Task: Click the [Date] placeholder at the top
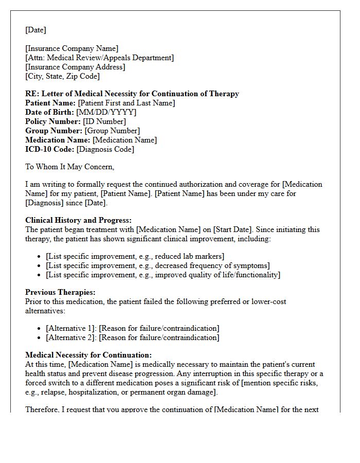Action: point(35,30)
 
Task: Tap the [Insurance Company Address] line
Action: point(75,67)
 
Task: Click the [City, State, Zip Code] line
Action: point(62,76)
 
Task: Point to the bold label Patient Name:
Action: point(50,103)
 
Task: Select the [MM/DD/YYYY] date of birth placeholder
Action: point(106,112)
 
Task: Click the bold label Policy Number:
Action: point(53,121)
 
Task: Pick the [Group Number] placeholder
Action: point(112,131)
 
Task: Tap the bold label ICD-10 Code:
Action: point(50,149)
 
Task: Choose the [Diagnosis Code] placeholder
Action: point(105,149)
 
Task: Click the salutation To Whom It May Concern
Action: point(69,167)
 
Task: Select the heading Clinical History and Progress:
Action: point(78,220)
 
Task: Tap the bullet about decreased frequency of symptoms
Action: point(157,265)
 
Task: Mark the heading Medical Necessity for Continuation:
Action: point(88,355)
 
